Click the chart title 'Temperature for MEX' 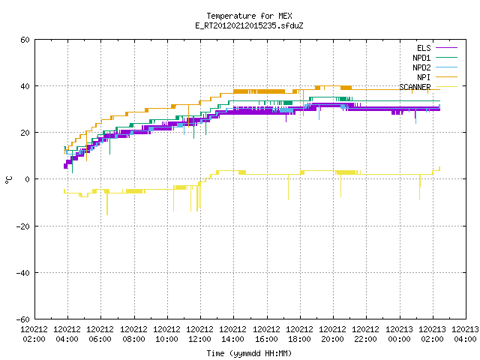(249, 16)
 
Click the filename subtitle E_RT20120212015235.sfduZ (249, 25)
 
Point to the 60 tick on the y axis (25, 40)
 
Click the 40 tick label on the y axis (25, 86)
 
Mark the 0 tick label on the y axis (28, 179)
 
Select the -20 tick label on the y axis (23, 226)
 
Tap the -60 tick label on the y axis (23, 319)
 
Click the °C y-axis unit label (9, 180)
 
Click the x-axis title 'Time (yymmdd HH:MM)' (249, 353)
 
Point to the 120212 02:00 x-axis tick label (34, 334)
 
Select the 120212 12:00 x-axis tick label (200, 334)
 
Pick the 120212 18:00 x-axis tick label (300, 334)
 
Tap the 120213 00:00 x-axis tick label (399, 334)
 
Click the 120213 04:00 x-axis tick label (465, 334)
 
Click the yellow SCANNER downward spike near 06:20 (107, 203)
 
